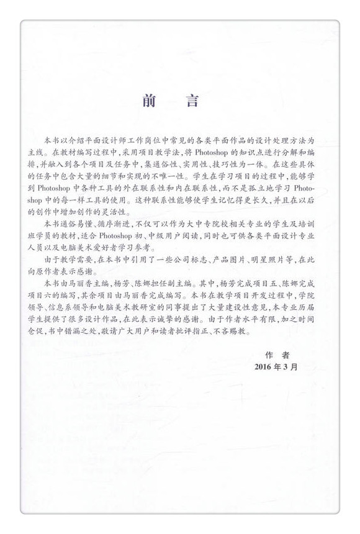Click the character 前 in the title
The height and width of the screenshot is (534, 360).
click(149, 100)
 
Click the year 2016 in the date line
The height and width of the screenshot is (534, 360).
click(267, 366)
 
